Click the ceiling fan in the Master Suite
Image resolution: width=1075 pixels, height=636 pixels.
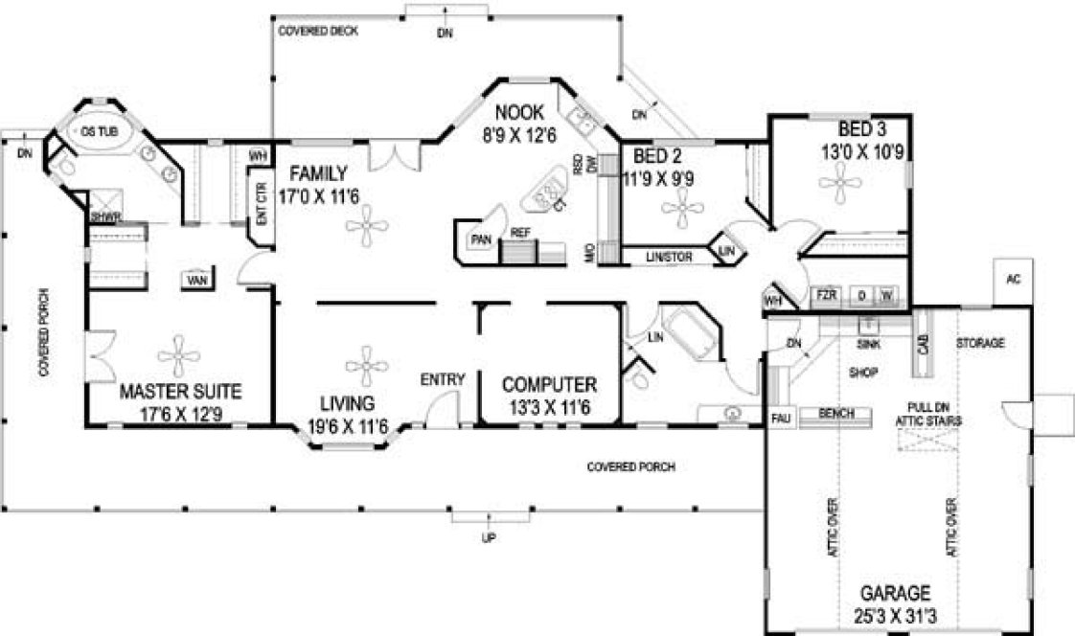coord(179,356)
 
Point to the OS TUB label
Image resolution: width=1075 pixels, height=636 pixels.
coord(93,130)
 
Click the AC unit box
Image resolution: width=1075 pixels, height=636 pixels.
coord(1013,280)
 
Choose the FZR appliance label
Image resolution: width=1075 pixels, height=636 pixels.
coord(825,296)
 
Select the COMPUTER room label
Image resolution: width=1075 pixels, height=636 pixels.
coord(549,385)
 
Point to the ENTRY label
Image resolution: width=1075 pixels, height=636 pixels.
coord(443,380)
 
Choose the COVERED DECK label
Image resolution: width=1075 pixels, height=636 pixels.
coord(318,32)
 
